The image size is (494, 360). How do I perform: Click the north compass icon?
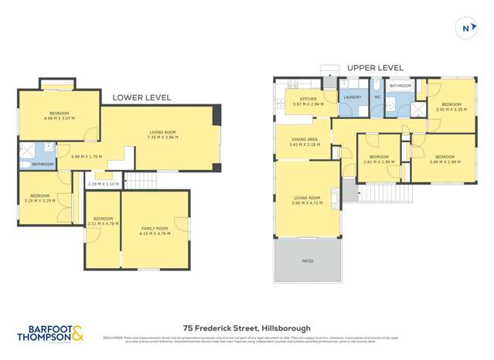465,29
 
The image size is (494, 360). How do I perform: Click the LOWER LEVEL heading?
141,98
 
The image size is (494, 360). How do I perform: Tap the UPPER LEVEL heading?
375,68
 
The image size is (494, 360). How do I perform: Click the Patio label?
308,261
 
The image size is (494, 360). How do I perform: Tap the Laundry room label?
352,97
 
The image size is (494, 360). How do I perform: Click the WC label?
377,97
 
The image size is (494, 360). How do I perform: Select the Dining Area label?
305,140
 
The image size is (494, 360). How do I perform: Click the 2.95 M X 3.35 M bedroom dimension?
451,109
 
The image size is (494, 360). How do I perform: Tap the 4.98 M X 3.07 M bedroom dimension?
60,118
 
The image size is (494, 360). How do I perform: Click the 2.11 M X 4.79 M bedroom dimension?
103,223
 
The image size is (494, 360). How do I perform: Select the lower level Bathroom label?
43,164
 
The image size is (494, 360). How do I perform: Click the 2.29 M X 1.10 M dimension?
104,184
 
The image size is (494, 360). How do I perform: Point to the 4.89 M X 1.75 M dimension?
87,158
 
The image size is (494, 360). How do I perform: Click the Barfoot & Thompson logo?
50,334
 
